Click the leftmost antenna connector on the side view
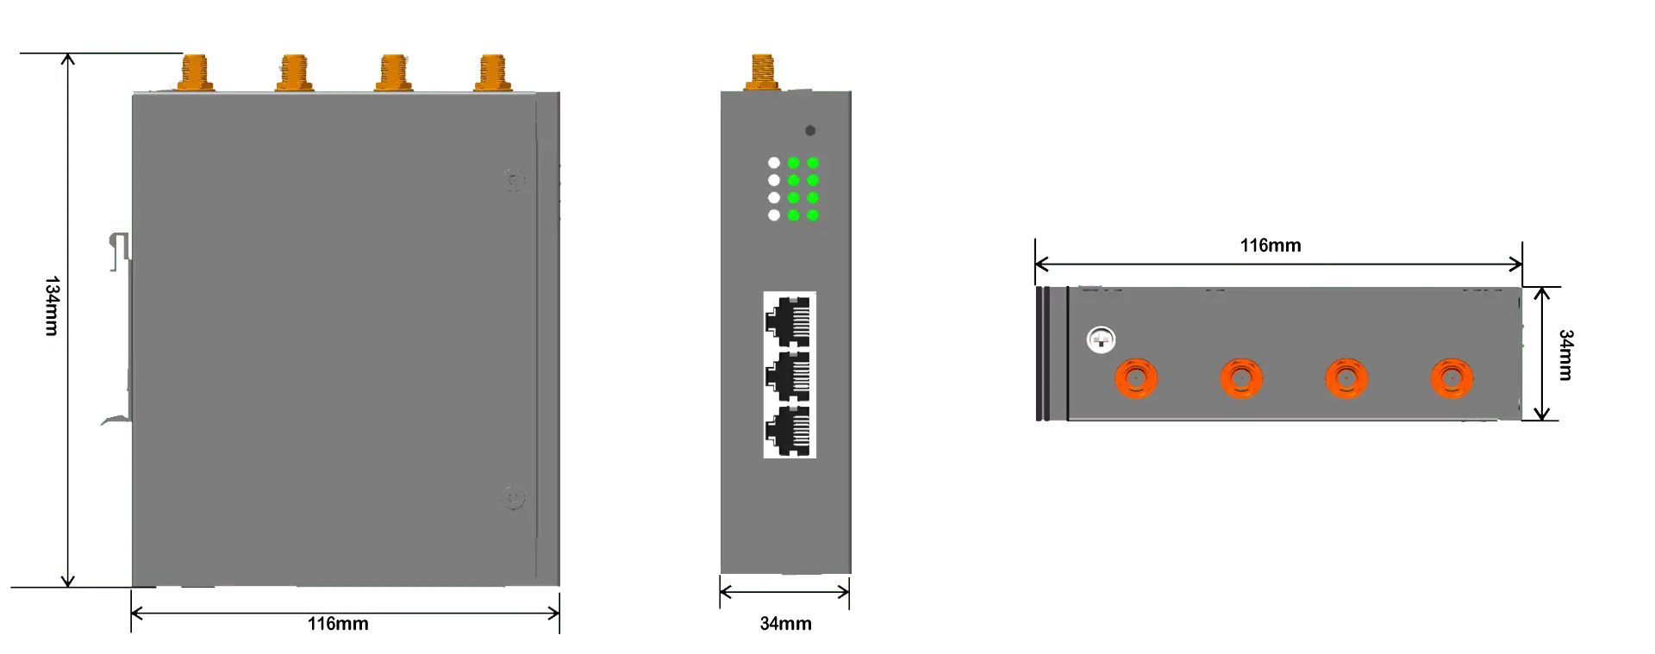(194, 72)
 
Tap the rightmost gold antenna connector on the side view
(491, 72)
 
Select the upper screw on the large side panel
(515, 180)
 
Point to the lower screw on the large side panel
(514, 498)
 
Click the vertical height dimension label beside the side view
(53, 313)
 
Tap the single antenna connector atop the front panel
(763, 70)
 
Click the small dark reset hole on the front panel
(810, 131)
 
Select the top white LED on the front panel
(774, 163)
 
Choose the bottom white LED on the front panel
(774, 215)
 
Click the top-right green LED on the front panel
(813, 163)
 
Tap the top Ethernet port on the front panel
(790, 320)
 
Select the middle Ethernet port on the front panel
(790, 376)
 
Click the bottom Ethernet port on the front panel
(790, 431)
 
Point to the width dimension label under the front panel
(785, 623)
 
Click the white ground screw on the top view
(1101, 339)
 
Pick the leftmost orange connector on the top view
(1136, 378)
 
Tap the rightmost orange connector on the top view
(1452, 378)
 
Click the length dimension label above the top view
(1271, 248)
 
